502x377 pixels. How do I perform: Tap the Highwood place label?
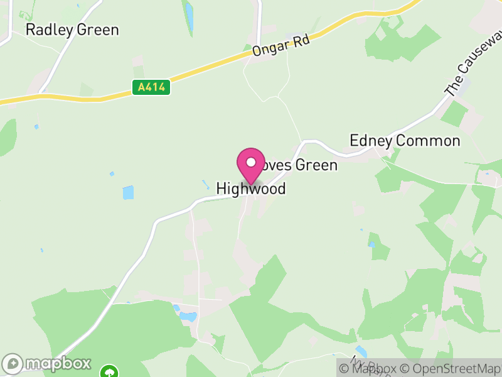[251, 188]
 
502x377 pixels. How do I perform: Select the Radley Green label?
[72, 30]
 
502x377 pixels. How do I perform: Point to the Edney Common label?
[405, 141]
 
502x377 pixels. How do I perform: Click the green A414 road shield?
[151, 88]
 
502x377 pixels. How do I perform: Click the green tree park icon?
[110, 371]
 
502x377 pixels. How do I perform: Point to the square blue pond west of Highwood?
[128, 192]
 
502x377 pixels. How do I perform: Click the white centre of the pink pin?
[251, 162]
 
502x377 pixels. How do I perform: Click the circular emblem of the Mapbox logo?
[13, 364]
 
